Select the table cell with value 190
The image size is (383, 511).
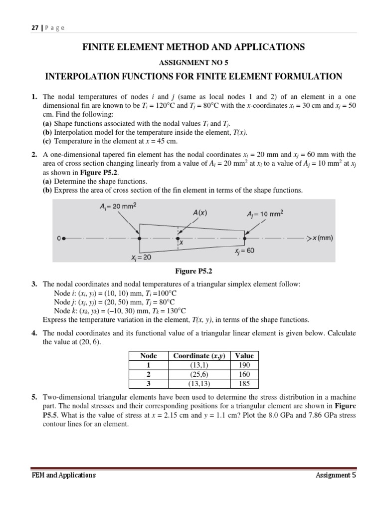click(244, 365)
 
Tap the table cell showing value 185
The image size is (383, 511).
click(244, 383)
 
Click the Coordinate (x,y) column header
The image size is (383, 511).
click(199, 356)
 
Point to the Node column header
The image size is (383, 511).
click(149, 356)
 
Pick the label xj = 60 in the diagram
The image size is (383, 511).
click(244, 251)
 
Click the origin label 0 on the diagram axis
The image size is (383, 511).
click(59, 239)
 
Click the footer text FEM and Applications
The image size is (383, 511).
click(63, 475)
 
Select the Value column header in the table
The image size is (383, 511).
click(244, 356)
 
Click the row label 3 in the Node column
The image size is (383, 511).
click(149, 383)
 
